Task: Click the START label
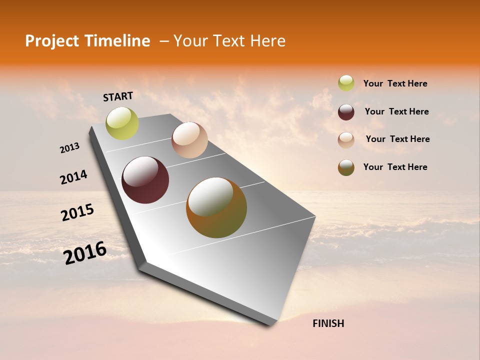(x=118, y=96)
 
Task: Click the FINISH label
(x=328, y=323)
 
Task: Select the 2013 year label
(x=69, y=148)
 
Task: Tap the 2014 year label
(x=73, y=177)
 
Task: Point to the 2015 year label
(x=77, y=212)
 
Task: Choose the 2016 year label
(x=85, y=253)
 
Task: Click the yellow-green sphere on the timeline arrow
(x=122, y=123)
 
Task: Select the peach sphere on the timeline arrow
(x=189, y=140)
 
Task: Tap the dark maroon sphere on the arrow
(x=145, y=180)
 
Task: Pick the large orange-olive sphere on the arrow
(x=216, y=207)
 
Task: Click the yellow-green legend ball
(x=346, y=83)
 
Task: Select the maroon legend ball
(x=346, y=112)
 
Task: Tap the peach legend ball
(x=346, y=140)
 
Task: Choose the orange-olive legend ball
(x=346, y=167)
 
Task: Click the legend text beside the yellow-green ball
(x=395, y=83)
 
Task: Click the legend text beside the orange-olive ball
(x=395, y=167)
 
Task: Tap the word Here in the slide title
(x=267, y=41)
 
